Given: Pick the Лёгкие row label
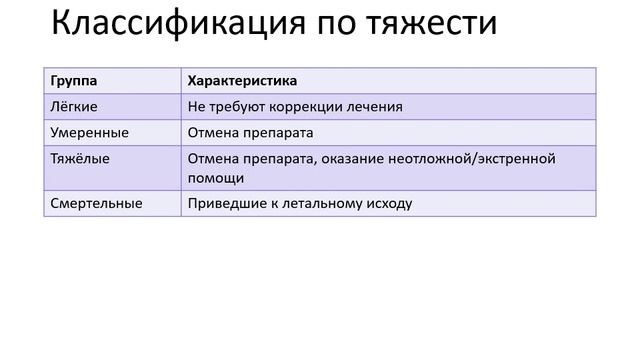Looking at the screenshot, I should pyautogui.click(x=73, y=106).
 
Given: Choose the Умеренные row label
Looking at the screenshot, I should pyautogui.click(x=89, y=132).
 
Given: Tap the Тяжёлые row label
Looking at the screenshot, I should pyautogui.click(x=80, y=158).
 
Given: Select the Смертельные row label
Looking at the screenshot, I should pyautogui.click(x=96, y=203).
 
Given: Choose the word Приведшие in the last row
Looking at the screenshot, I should pyautogui.click(x=224, y=203).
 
